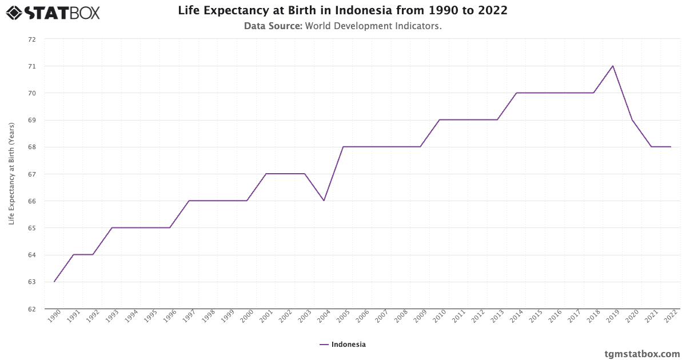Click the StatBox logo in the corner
(x=53, y=12)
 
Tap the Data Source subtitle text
(x=342, y=26)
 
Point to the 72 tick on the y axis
(x=32, y=39)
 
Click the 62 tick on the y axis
(x=32, y=309)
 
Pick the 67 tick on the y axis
(x=32, y=174)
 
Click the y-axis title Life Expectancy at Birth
(x=11, y=174)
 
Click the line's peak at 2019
(x=613, y=66)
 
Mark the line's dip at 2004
(x=324, y=201)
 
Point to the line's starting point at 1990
(x=54, y=282)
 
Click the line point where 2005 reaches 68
(x=343, y=147)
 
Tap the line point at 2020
(x=632, y=120)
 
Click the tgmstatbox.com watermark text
(x=643, y=354)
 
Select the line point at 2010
(x=440, y=120)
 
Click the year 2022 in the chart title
(x=493, y=10)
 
